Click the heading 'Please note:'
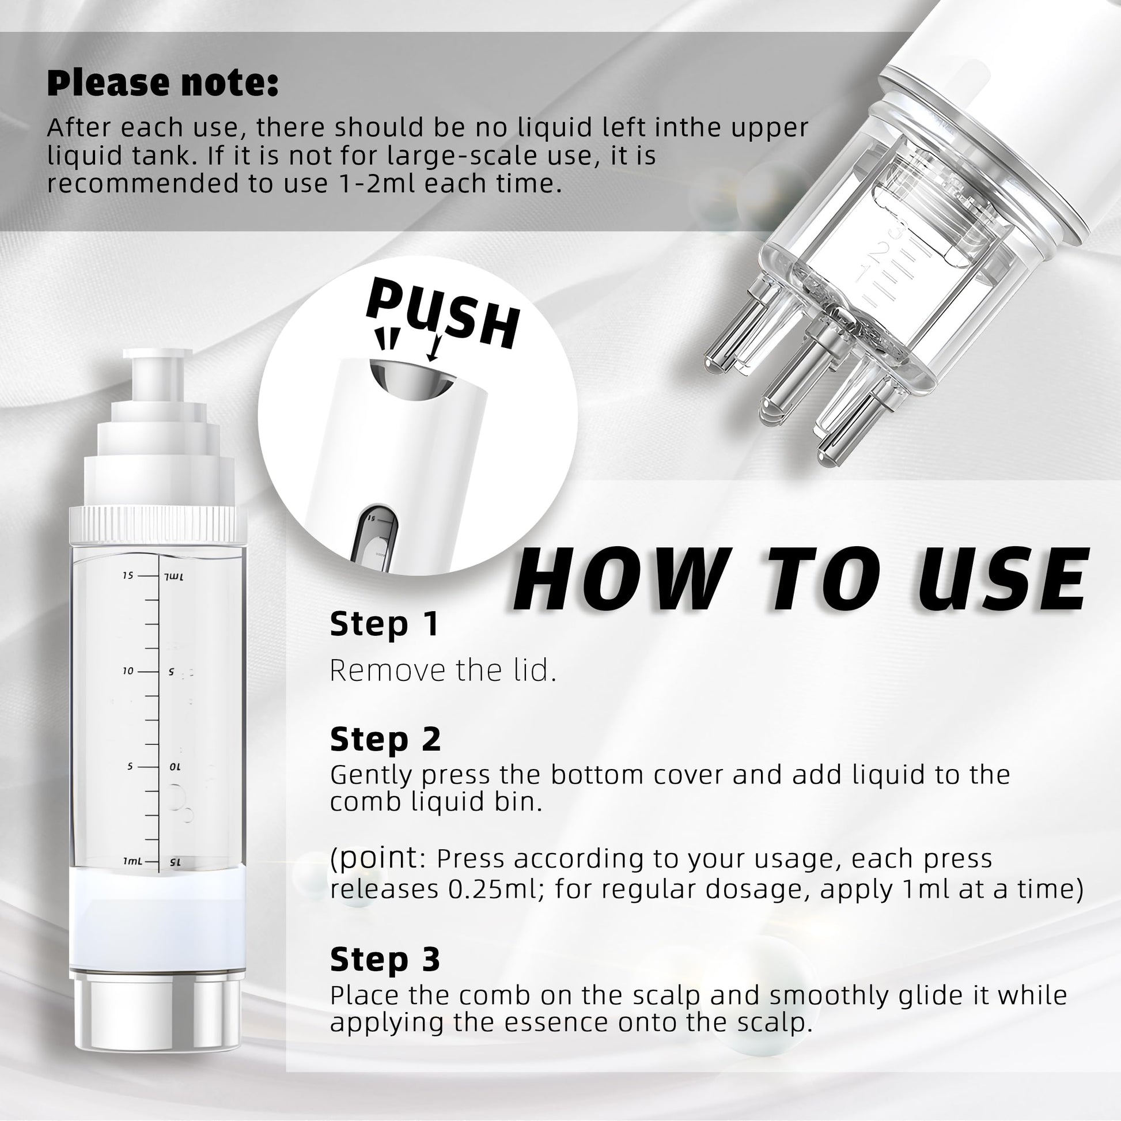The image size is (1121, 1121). tap(162, 83)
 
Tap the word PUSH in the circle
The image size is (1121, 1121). tap(442, 314)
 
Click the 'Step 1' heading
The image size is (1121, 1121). tap(384, 625)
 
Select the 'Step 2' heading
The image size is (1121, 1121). tap(385, 740)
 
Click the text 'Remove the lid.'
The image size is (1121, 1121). tap(443, 670)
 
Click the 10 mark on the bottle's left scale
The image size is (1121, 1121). tap(128, 671)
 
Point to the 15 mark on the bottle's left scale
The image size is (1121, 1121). tap(128, 575)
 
